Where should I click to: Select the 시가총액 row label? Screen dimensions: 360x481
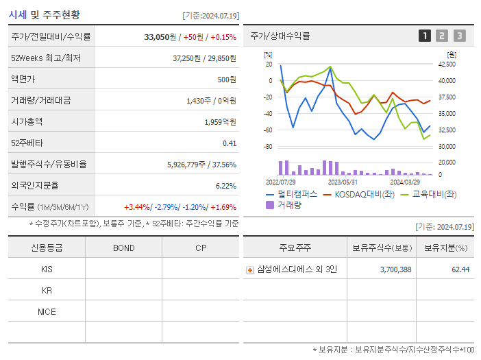pyautogui.click(x=27, y=121)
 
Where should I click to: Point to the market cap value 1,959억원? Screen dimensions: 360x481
pyautogui.click(x=220, y=121)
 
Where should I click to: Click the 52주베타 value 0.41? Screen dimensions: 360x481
pyautogui.click(x=229, y=143)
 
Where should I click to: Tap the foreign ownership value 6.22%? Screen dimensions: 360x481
pyautogui.click(x=225, y=185)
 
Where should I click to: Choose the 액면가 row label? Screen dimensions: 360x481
pyautogui.click(x=23, y=80)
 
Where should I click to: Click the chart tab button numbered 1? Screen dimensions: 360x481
pyautogui.click(x=425, y=36)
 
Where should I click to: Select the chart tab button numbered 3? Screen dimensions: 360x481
pyautogui.click(x=459, y=36)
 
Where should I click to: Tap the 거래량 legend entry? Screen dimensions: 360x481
pyautogui.click(x=288, y=205)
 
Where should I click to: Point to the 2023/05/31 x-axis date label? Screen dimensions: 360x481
pyautogui.click(x=343, y=182)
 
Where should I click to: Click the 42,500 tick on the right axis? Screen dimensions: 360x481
pyautogui.click(x=446, y=64)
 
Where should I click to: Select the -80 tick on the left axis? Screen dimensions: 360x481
pyautogui.click(x=268, y=147)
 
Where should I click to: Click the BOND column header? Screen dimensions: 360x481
pyautogui.click(x=123, y=248)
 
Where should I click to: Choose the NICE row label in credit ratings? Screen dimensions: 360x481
pyautogui.click(x=47, y=311)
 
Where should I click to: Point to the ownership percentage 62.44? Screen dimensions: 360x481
pyautogui.click(x=460, y=269)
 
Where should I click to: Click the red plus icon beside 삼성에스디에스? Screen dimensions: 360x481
pyautogui.click(x=250, y=270)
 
